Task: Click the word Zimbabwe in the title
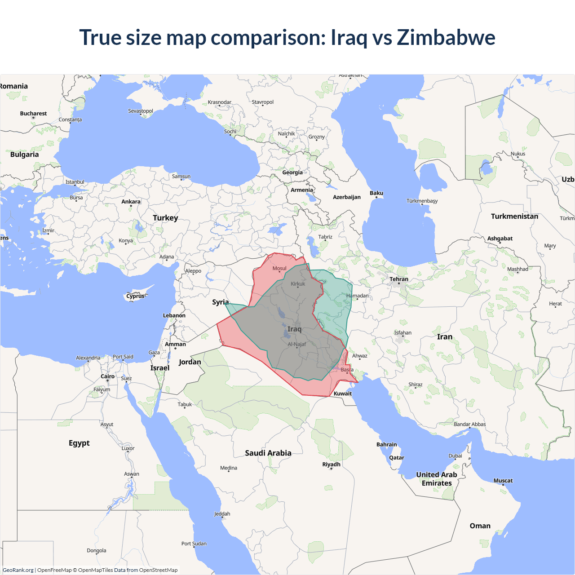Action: tap(446, 37)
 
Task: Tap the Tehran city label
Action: tap(399, 279)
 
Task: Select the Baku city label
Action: tap(376, 193)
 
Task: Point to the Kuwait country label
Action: tap(343, 394)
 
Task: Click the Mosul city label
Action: tap(279, 268)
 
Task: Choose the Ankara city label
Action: tap(131, 202)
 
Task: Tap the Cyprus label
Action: tap(135, 296)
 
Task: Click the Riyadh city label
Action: tap(332, 464)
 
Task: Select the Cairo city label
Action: tap(107, 376)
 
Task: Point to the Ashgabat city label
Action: tap(500, 239)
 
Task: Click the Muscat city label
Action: tap(503, 481)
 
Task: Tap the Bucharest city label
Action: tap(33, 114)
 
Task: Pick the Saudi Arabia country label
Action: tap(268, 453)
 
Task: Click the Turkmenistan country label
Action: tap(514, 217)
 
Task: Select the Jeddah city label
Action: tap(222, 514)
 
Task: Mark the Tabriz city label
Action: tap(325, 237)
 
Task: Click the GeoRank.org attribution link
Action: tap(18, 570)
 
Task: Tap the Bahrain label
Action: tap(387, 445)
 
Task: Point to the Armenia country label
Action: tap(301, 190)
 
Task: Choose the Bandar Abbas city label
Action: tap(469, 424)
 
